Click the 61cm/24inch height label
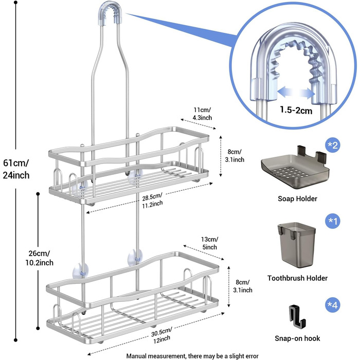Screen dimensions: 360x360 coord(16,169)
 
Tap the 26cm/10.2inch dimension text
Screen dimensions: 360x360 coord(39,258)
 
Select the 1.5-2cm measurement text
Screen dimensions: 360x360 coord(296,110)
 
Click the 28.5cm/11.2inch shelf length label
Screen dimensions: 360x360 coord(152,201)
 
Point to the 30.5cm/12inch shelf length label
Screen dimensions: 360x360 coord(161,335)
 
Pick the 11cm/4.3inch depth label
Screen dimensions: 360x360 coord(202,114)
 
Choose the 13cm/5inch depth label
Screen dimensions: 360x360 coord(209,243)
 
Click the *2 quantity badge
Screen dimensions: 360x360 coord(333,145)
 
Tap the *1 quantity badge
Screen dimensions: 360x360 coord(333,221)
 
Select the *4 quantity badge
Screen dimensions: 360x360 coord(333,305)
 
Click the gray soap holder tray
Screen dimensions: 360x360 coord(295,170)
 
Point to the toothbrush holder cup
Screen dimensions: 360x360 coord(297,245)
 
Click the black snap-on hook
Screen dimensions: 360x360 coord(296,316)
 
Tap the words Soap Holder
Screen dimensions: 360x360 coord(297,199)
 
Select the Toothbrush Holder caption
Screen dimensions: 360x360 coord(297,278)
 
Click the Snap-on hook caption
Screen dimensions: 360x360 coord(297,338)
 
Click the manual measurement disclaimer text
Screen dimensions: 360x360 coord(192,356)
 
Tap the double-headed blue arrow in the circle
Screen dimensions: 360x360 coord(296,92)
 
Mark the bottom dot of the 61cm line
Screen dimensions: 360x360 coord(15,340)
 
